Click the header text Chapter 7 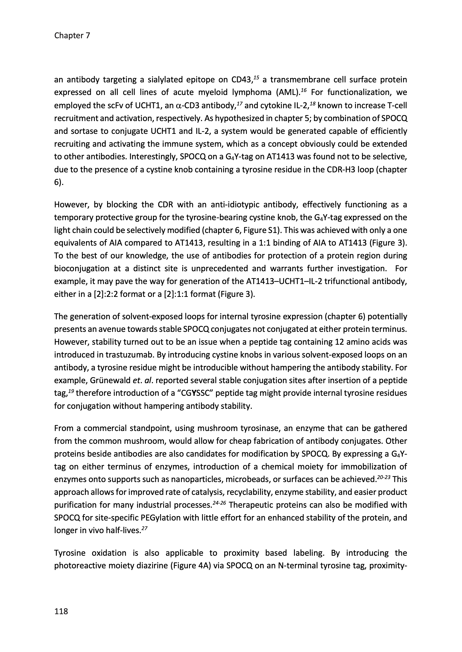(x=72, y=36)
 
